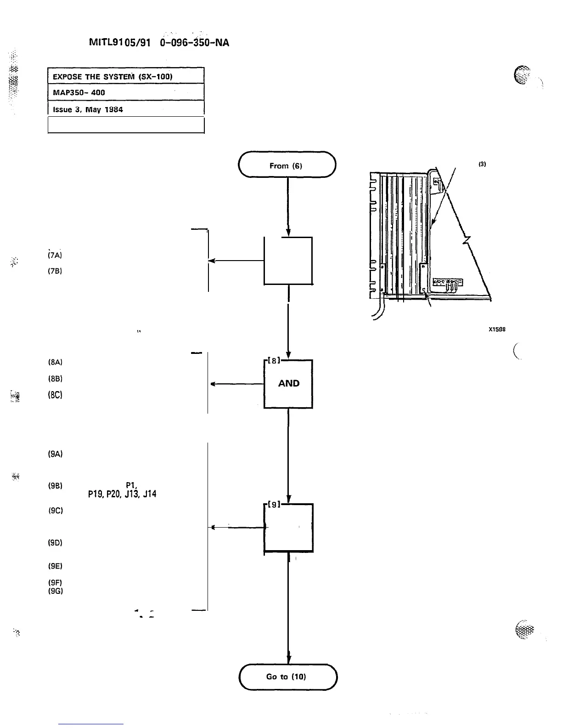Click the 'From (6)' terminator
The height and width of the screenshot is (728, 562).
click(x=287, y=165)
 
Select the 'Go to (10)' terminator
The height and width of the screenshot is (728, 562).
click(x=288, y=677)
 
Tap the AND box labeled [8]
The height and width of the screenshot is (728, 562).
click(x=288, y=384)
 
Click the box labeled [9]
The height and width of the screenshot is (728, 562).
click(x=288, y=528)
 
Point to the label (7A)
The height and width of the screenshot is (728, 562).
click(x=55, y=254)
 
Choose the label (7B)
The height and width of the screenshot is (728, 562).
click(x=55, y=271)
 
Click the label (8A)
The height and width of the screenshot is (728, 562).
click(x=55, y=362)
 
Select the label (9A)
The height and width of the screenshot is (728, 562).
click(x=55, y=454)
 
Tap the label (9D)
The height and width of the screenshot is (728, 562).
click(x=55, y=543)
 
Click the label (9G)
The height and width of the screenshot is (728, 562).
click(x=55, y=591)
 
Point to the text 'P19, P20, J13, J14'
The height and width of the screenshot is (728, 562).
click(x=122, y=495)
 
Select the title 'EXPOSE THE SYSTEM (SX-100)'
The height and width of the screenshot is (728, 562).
click(x=112, y=76)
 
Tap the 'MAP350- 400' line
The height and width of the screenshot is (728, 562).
click(x=79, y=92)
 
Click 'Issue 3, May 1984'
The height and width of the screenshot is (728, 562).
click(x=88, y=109)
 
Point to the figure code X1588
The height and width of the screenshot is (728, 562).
click(x=497, y=329)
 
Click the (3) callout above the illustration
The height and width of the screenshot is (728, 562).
click(x=482, y=164)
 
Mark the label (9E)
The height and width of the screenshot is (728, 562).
click(x=55, y=566)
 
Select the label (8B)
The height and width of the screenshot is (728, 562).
click(x=55, y=379)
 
